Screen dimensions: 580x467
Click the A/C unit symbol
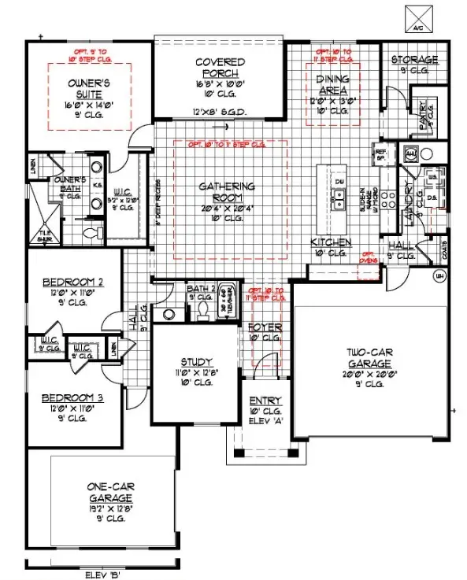[x=416, y=16]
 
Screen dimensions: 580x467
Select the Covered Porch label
[x=220, y=68]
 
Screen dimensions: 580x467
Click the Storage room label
[x=414, y=61]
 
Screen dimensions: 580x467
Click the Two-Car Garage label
[x=369, y=359]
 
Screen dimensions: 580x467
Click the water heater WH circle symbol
[x=440, y=275]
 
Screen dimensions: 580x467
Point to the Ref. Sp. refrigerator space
[x=381, y=155]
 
